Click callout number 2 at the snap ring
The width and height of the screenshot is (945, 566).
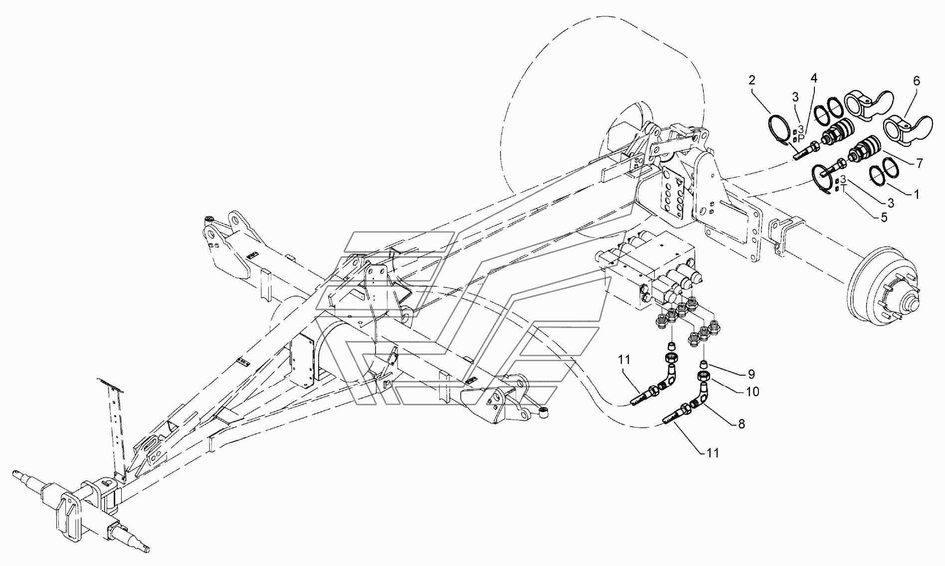(752, 80)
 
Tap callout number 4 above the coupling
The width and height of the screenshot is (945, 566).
(814, 78)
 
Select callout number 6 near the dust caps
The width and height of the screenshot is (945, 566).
(917, 81)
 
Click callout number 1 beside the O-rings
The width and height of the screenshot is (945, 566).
(916, 195)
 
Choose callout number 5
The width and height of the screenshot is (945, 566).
(884, 218)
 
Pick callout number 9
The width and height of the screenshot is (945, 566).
(751, 374)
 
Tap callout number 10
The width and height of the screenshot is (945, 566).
(753, 392)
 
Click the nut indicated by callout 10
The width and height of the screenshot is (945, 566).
(704, 375)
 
